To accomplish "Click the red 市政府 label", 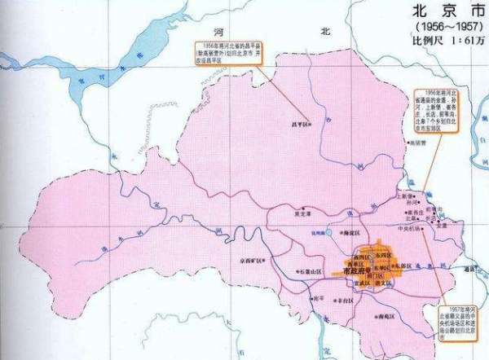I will (x=359, y=271).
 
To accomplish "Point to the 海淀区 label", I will (x=350, y=233).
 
